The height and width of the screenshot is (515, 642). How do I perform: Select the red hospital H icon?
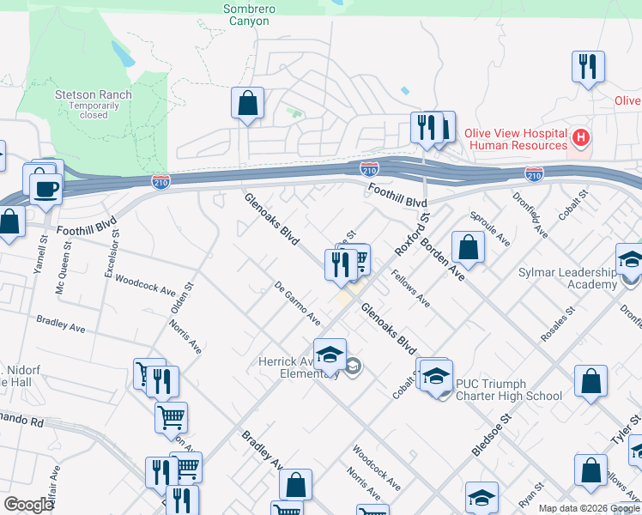click(x=582, y=137)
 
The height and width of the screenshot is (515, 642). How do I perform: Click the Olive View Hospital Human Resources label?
click(x=516, y=139)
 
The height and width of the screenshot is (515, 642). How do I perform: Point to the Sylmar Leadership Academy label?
click(x=567, y=279)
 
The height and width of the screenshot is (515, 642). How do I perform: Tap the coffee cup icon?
click(x=45, y=186)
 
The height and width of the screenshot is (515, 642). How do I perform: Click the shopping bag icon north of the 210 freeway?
click(x=247, y=104)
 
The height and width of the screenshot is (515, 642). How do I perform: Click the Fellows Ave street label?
click(x=410, y=290)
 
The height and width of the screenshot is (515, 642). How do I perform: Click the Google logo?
click(x=29, y=505)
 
